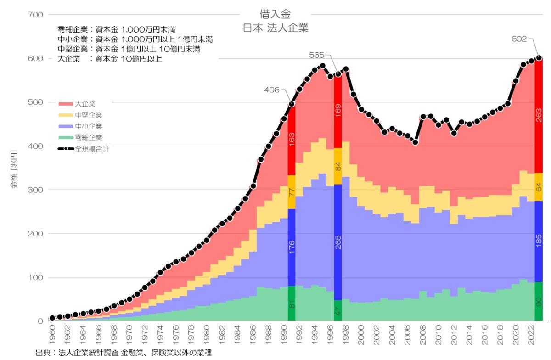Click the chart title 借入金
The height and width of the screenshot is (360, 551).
point(275,14)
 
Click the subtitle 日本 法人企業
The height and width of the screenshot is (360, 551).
point(275,28)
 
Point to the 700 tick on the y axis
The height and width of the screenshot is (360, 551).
point(36,15)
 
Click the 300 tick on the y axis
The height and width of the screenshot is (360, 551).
point(36,190)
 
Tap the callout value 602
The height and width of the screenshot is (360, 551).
point(520,39)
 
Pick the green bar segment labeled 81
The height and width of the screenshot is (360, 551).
point(291,304)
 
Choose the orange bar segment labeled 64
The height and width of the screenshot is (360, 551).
point(539,187)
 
